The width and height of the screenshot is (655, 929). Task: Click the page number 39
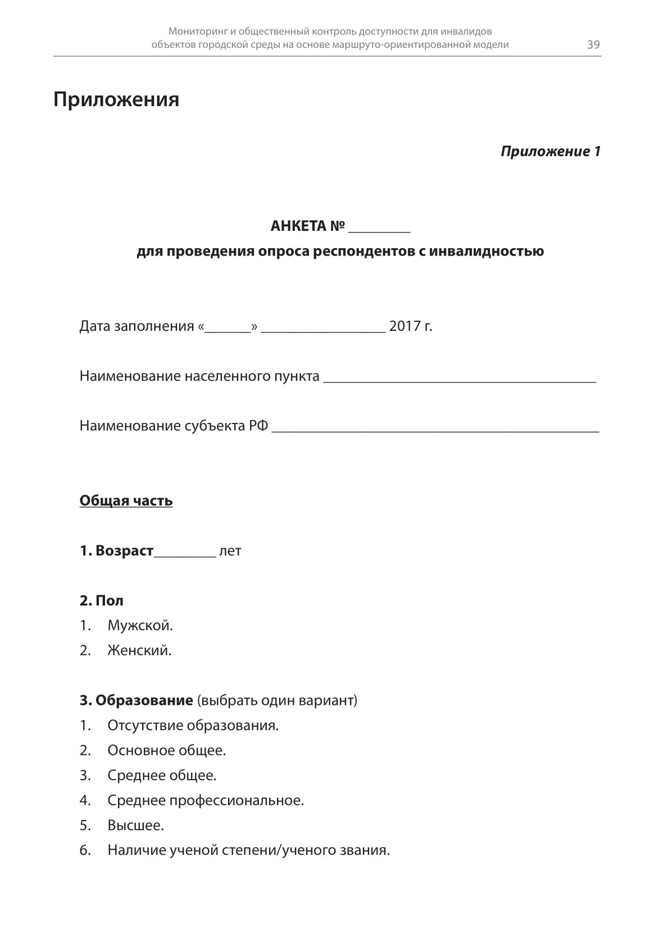pyautogui.click(x=593, y=45)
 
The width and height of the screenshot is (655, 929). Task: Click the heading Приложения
pyautogui.click(x=116, y=99)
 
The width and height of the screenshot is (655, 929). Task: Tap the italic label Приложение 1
pyautogui.click(x=550, y=151)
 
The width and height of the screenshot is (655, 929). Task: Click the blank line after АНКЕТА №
pyautogui.click(x=379, y=227)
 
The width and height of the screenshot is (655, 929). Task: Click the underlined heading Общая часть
pyautogui.click(x=126, y=500)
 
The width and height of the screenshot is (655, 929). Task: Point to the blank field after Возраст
pyautogui.click(x=184, y=553)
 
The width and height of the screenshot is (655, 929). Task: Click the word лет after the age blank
pyautogui.click(x=230, y=551)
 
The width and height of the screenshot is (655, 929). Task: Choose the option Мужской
pyautogui.click(x=140, y=625)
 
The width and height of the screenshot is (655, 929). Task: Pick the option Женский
pyautogui.click(x=139, y=650)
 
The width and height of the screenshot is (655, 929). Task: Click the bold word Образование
pyautogui.click(x=144, y=700)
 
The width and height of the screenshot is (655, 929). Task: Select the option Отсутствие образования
pyautogui.click(x=193, y=725)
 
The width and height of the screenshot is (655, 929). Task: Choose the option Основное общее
pyautogui.click(x=166, y=750)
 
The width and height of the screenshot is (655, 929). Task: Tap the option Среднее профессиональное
pyautogui.click(x=205, y=800)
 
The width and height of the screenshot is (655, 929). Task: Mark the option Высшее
pyautogui.click(x=135, y=826)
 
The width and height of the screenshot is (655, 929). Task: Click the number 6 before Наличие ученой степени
pyautogui.click(x=84, y=850)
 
